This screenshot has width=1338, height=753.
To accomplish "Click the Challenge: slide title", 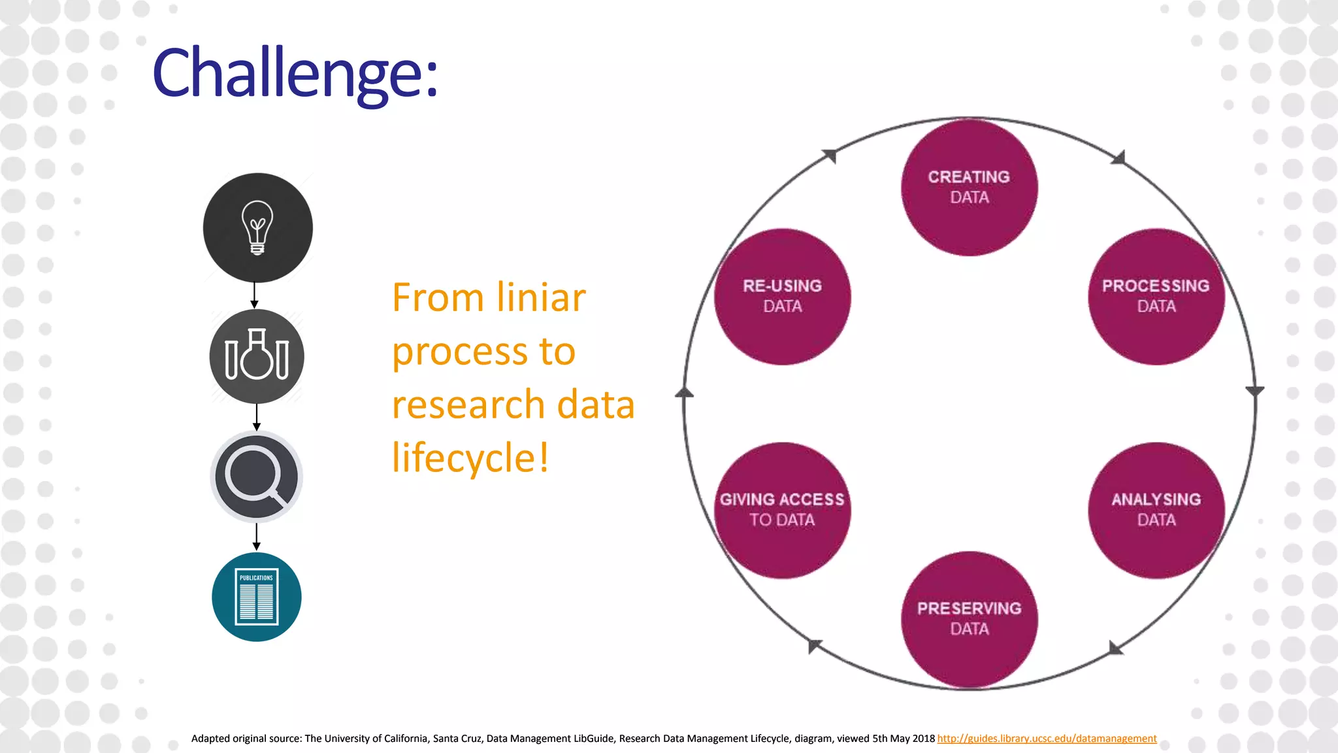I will (x=295, y=73).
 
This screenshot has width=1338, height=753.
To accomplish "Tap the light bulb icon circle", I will (x=257, y=227).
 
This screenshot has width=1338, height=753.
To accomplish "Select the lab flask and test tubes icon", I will (x=257, y=356).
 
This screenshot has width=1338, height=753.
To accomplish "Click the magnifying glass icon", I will (x=256, y=477).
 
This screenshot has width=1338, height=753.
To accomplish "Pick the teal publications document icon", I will (x=256, y=596).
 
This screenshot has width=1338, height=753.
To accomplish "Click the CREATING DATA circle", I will (x=969, y=187).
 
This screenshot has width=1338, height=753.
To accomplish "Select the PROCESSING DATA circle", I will (x=1156, y=296).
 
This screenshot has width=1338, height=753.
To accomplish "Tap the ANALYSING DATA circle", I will (x=1156, y=510).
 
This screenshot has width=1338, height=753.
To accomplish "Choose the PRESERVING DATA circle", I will (x=969, y=619).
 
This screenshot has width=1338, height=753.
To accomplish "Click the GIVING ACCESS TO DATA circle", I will (x=782, y=510).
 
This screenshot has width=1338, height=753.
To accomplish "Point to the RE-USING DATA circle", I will (x=782, y=296).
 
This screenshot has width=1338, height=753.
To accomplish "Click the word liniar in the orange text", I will (x=540, y=298).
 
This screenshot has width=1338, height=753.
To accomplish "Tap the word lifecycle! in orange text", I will (x=470, y=458).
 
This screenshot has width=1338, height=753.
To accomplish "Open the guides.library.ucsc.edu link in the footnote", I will (x=1047, y=739).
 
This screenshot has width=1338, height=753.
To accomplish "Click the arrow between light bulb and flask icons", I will (x=255, y=295).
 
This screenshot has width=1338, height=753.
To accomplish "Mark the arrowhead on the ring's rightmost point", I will (x=1254, y=391).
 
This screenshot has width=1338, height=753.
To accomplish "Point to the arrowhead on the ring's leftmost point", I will (x=684, y=392).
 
